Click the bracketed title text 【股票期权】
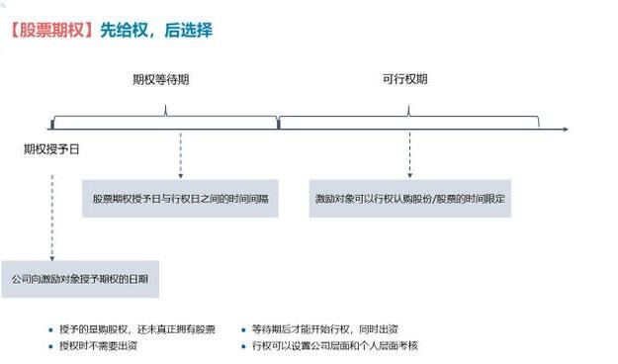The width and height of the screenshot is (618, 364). (x=49, y=30)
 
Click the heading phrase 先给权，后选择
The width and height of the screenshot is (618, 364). (x=156, y=30)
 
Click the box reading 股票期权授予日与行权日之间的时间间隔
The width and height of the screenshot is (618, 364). (x=181, y=198)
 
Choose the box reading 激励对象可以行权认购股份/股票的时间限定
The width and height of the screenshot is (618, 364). (x=410, y=198)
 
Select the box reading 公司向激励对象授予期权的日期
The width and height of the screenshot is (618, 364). (x=80, y=280)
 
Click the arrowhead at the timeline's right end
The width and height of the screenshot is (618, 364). (x=564, y=129)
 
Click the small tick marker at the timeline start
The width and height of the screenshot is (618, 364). (x=51, y=125)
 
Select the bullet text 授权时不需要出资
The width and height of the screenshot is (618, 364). (x=98, y=346)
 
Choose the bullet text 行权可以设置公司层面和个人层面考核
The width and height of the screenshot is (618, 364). (x=335, y=346)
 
